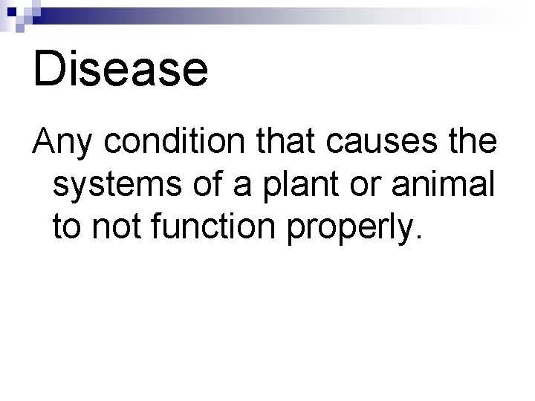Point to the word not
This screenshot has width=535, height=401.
pyautogui.click(x=113, y=227)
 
